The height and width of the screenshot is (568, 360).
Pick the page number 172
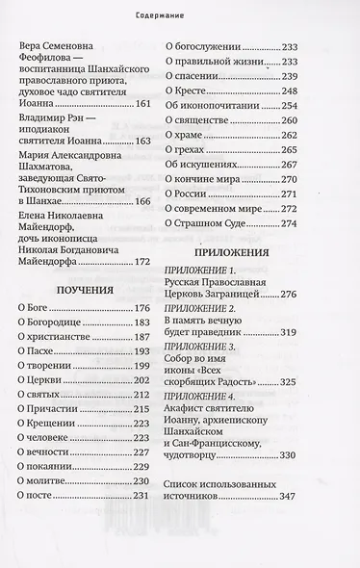(141, 259)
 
